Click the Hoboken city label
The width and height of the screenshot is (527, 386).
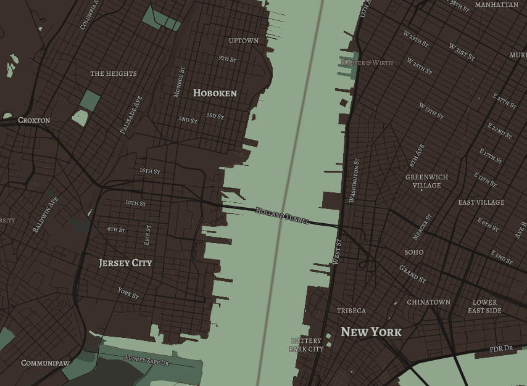[215, 93]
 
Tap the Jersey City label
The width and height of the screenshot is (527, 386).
[125, 263]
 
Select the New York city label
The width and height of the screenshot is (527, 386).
[371, 332]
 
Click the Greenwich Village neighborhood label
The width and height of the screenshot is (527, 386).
[427, 181]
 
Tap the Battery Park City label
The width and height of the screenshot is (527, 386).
[306, 345]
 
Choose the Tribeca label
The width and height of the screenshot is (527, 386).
[351, 311]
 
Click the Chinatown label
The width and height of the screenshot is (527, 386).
[428, 302]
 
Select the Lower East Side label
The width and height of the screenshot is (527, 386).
[484, 306]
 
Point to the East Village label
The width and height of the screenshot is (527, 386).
[481, 202]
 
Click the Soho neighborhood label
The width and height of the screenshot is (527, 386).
[414, 252]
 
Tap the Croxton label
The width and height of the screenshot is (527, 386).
[34, 120]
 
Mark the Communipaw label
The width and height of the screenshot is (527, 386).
[45, 363]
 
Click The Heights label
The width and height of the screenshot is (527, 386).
[114, 73]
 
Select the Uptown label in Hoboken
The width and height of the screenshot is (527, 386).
[244, 41]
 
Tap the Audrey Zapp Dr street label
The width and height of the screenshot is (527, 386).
[146, 360]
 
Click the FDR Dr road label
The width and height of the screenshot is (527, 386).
[501, 349]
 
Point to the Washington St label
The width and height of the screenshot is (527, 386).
[354, 181]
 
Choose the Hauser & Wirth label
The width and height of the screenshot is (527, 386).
[367, 63]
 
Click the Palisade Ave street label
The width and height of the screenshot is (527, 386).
[131, 115]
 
